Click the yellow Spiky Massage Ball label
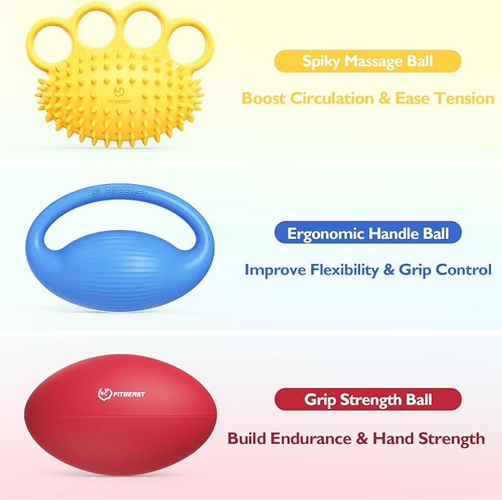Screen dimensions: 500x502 point(367,61)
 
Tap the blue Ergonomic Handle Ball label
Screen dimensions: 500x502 point(367,234)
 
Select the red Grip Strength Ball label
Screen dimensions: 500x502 point(367,400)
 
